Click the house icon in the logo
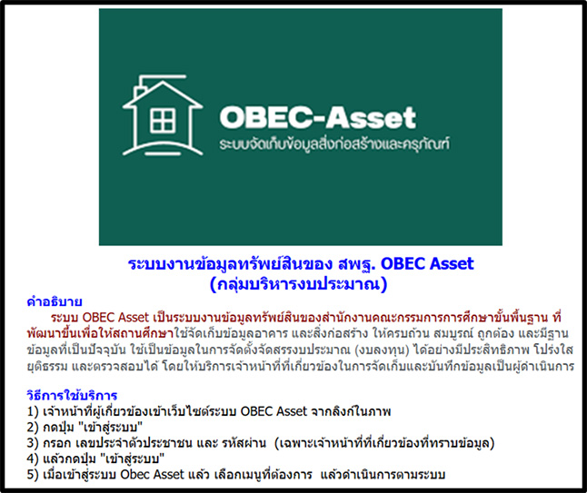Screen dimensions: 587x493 point(163,115)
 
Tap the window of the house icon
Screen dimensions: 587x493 point(163,121)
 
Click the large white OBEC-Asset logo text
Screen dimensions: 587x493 point(317,117)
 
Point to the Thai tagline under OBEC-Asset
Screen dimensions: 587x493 point(334,143)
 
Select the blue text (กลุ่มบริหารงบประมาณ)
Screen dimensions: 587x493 point(298,284)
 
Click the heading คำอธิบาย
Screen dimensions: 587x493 point(55,301)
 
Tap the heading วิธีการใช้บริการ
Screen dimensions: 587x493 point(73,395)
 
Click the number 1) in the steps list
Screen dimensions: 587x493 point(33,411)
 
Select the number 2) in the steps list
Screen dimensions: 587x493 point(33,427)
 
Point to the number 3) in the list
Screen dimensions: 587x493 point(33,443)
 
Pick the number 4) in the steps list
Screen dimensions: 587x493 point(33,458)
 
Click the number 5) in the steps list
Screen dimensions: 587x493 point(33,474)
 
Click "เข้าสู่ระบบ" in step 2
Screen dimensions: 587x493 point(112,427)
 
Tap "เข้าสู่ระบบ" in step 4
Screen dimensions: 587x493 point(134,458)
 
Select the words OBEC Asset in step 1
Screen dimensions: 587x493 point(274,411)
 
